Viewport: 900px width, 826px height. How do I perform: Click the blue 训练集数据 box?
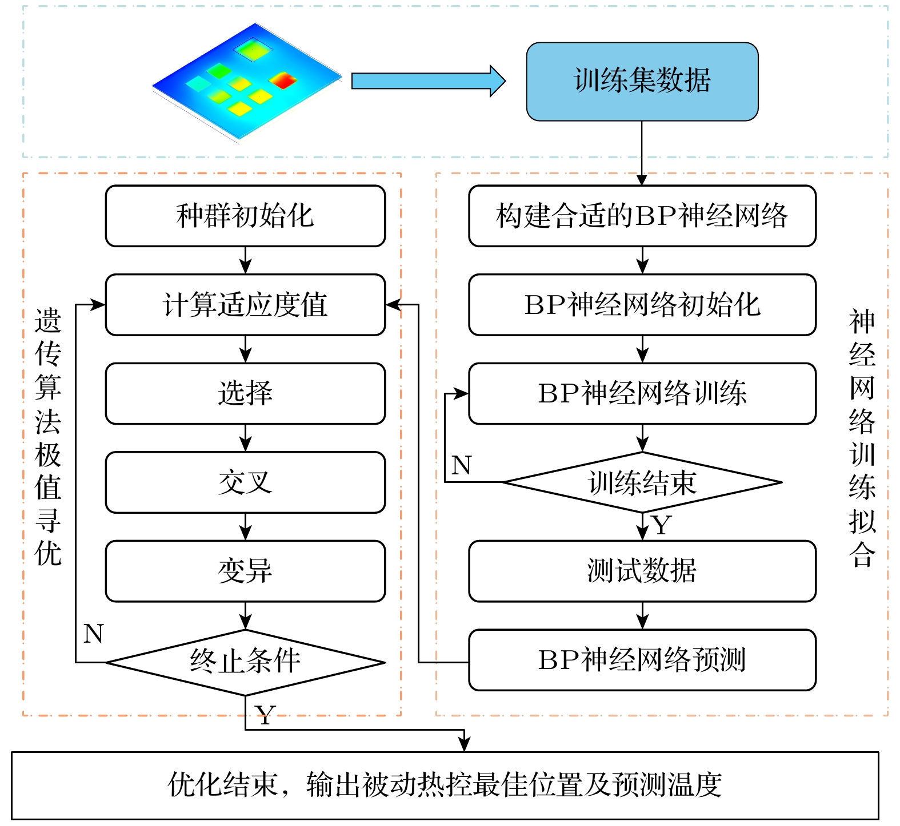[642, 81]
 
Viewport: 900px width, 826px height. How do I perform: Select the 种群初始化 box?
[245, 216]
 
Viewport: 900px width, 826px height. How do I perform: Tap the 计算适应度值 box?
[245, 305]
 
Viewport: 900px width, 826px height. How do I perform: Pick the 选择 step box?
[245, 393]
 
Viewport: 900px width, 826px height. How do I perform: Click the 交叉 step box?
[245, 482]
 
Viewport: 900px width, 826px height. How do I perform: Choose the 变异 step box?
[245, 571]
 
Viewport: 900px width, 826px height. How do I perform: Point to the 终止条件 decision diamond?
[245, 662]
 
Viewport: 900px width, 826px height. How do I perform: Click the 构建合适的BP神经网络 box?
[642, 216]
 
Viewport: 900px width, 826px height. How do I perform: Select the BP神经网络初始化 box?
[642, 305]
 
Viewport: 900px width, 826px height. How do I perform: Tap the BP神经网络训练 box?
[642, 393]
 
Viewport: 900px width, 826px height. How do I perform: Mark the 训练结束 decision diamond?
[642, 482]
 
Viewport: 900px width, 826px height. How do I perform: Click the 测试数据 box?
[642, 571]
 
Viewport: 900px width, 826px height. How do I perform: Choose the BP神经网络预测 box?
[642, 660]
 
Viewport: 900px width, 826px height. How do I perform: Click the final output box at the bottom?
[445, 785]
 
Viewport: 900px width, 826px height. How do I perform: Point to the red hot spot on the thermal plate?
[282, 80]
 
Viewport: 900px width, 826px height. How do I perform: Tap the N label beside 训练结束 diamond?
[461, 465]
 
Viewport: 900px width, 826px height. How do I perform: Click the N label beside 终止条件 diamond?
[93, 634]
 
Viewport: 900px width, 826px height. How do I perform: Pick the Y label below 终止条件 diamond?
[265, 714]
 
